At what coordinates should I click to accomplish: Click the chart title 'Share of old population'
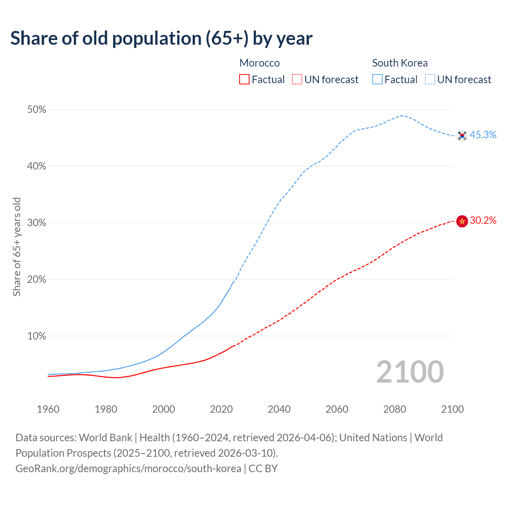pyautogui.click(x=161, y=38)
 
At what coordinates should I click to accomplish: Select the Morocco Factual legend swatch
pyautogui.click(x=244, y=79)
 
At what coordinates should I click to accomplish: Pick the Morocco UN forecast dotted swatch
pyautogui.click(x=297, y=79)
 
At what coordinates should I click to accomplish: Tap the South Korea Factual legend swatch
pyautogui.click(x=377, y=79)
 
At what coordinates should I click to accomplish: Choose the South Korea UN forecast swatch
pyautogui.click(x=430, y=79)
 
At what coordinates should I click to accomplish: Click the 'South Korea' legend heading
pyautogui.click(x=400, y=63)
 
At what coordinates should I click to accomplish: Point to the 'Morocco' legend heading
pyautogui.click(x=259, y=63)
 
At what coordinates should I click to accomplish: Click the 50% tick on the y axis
pyautogui.click(x=36, y=110)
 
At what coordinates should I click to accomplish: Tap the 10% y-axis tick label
pyautogui.click(x=36, y=336)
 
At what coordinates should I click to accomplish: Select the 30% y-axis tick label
pyautogui.click(x=36, y=223)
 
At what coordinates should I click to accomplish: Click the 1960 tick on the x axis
pyautogui.click(x=48, y=409)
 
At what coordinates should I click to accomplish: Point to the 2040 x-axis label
pyautogui.click(x=279, y=409)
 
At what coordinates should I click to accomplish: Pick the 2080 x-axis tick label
pyautogui.click(x=395, y=409)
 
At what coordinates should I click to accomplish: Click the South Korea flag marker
pyautogui.click(x=462, y=136)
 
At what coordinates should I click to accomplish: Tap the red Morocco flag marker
pyautogui.click(x=462, y=221)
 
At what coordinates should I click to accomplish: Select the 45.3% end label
pyautogui.click(x=483, y=135)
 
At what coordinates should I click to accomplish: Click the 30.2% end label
pyautogui.click(x=483, y=221)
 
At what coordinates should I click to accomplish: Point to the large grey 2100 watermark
pyautogui.click(x=410, y=372)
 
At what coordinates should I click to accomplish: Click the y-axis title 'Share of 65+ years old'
pyautogui.click(x=17, y=246)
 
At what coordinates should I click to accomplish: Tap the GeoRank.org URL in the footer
pyautogui.click(x=128, y=469)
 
